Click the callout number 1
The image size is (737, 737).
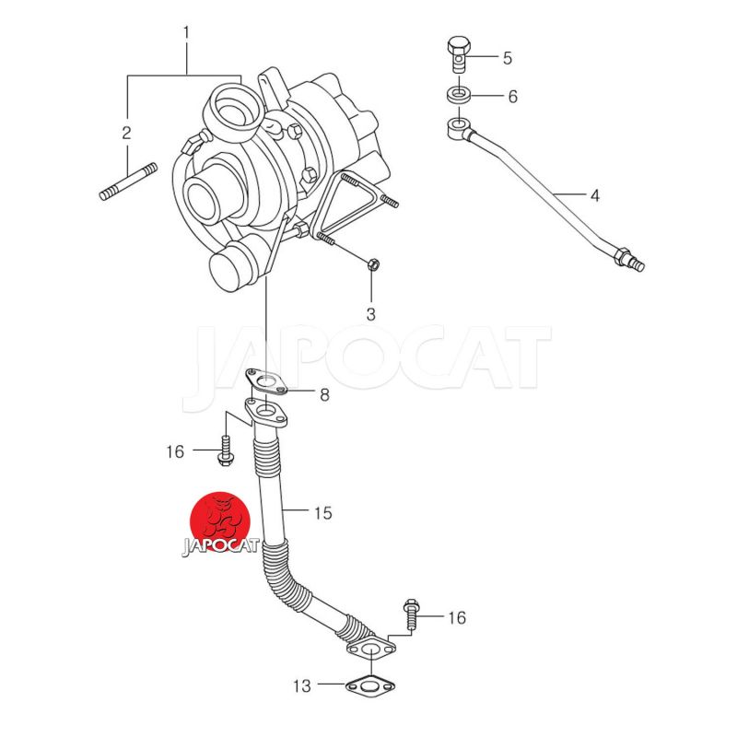(186, 33)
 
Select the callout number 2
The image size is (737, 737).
(126, 133)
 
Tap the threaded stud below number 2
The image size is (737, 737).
(128, 181)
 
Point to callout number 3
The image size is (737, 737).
(371, 314)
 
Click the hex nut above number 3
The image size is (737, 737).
(373, 264)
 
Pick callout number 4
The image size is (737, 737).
(595, 195)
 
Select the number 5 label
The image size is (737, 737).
(508, 58)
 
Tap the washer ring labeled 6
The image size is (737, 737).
(458, 95)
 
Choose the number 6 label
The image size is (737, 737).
(513, 97)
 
